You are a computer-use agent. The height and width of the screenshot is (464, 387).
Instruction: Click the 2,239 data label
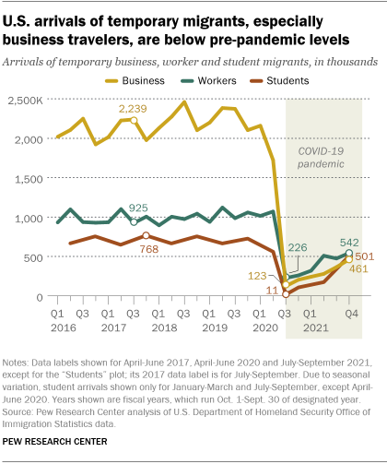134,109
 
